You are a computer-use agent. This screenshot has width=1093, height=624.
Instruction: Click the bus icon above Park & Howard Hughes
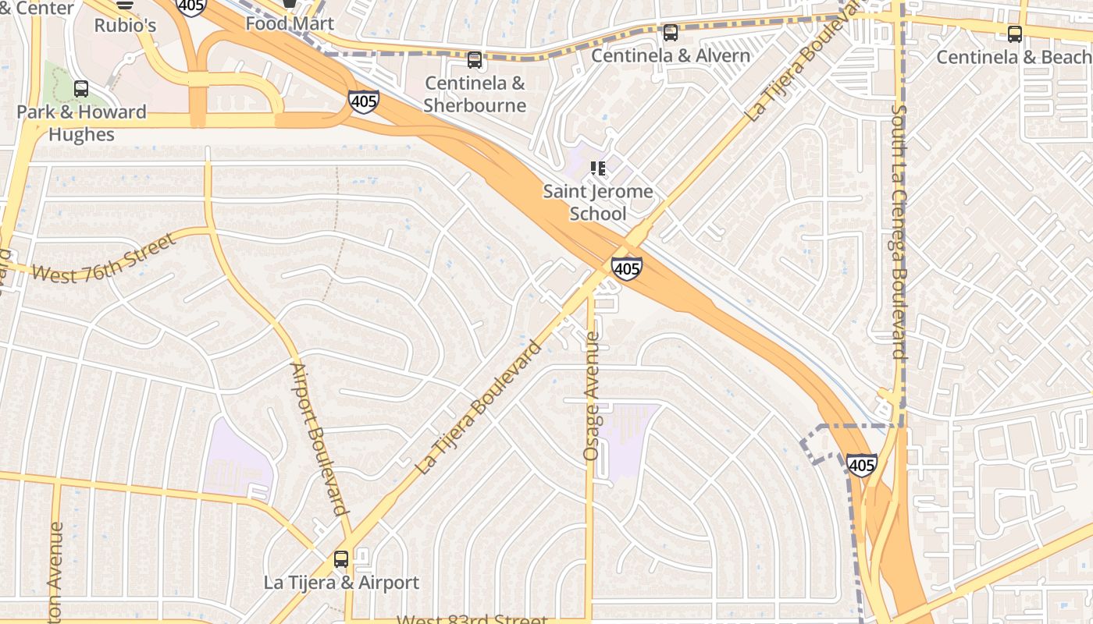point(81,89)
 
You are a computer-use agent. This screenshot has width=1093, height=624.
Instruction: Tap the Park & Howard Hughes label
point(81,123)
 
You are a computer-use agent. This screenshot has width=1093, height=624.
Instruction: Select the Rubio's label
point(125,25)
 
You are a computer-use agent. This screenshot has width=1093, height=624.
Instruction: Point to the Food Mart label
point(290,23)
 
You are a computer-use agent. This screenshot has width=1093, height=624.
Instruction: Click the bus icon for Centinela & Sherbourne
point(475,60)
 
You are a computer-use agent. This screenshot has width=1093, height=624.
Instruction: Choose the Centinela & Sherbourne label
point(475,94)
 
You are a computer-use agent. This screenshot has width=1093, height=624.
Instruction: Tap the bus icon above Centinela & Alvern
point(670,33)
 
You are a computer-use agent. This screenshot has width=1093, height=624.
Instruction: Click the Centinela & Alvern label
point(670,56)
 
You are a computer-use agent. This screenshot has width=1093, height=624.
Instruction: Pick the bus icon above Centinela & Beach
point(1014,34)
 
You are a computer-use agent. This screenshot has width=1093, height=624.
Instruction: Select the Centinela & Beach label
point(1013,57)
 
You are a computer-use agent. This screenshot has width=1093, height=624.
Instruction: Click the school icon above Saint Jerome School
point(598,168)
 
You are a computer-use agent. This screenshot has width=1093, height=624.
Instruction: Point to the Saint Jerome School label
point(598,202)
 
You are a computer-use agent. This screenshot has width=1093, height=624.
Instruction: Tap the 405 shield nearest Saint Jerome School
point(626,268)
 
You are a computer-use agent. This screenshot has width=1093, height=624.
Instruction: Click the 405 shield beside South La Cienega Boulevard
point(861,465)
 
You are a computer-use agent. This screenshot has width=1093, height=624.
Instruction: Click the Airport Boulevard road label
point(319,439)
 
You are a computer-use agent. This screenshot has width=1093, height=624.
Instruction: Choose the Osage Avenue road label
point(592,396)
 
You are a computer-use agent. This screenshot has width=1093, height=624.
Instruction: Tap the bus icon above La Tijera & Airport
point(341,559)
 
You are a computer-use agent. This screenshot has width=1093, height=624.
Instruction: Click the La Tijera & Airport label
point(341,583)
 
